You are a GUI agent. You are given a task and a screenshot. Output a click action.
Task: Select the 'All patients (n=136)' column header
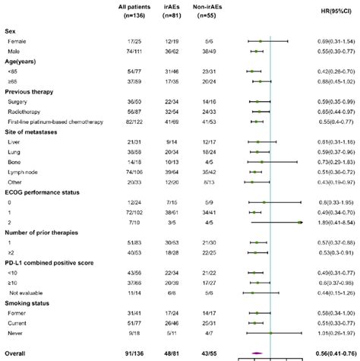point(134,13)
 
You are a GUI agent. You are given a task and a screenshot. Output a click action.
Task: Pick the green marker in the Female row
point(260,40)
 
